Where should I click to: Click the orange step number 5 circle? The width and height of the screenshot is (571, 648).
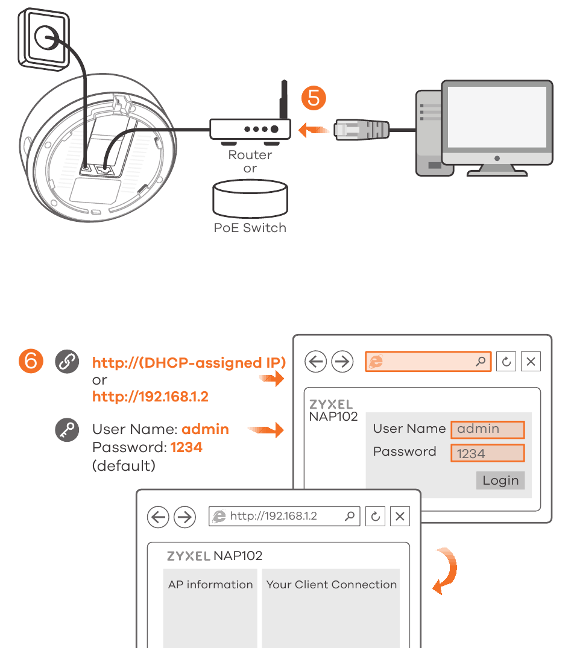point(314,98)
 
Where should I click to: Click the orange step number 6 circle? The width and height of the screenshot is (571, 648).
point(31,361)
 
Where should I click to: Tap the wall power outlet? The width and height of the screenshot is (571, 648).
point(43,39)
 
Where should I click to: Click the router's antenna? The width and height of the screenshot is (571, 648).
point(282,99)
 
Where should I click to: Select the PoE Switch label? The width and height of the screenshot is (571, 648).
point(250,228)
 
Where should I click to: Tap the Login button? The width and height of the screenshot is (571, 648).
point(500,480)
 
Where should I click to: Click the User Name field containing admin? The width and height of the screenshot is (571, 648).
point(487,429)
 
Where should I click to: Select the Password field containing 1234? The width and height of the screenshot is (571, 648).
point(487,453)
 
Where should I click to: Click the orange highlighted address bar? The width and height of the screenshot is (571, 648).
point(427,362)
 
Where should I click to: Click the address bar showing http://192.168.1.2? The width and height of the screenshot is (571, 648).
point(284,517)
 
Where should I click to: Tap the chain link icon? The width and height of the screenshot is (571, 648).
point(67,362)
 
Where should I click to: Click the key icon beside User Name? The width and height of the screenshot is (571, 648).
point(67,430)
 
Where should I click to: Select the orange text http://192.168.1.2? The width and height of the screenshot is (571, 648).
point(150,397)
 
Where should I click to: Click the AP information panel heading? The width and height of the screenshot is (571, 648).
point(210,585)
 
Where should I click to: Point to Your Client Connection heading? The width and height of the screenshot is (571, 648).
point(331,585)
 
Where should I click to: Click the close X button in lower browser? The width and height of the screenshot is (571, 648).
point(400,517)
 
